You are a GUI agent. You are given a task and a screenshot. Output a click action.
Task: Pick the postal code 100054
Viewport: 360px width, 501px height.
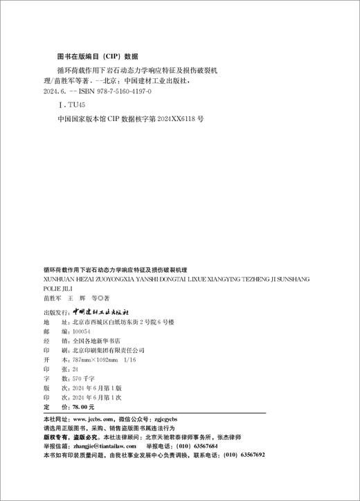click(82, 331)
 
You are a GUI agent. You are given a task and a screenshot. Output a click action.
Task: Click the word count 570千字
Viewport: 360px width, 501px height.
click(82, 380)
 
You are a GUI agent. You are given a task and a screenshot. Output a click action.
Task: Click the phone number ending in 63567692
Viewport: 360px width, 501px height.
click(246, 457)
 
